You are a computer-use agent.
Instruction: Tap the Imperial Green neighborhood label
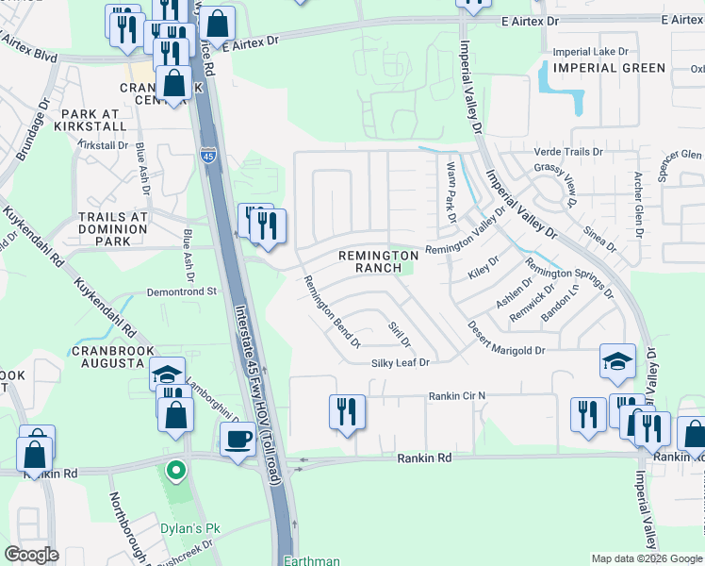pyautogui.click(x=609, y=68)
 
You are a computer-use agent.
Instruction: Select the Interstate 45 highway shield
pyautogui.click(x=207, y=154)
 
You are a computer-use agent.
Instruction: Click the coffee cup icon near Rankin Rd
pyautogui.click(x=238, y=437)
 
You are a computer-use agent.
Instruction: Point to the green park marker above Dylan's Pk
pyautogui.click(x=174, y=469)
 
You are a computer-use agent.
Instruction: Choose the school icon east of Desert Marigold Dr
pyautogui.click(x=616, y=361)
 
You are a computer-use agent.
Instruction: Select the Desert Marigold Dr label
pyautogui.click(x=506, y=350)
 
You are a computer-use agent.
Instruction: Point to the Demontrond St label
pyautogui.click(x=183, y=293)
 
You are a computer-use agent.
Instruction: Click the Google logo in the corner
pyautogui.click(x=32, y=555)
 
